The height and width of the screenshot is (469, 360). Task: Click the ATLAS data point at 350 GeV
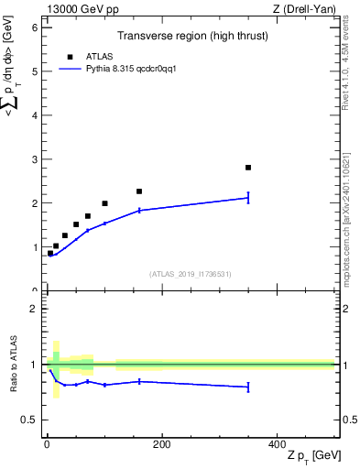(x=248, y=168)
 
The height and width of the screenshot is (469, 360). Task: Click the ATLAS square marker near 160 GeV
(x=139, y=191)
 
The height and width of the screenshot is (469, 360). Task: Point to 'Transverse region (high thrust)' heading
(x=189, y=37)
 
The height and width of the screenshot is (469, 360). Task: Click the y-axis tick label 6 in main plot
(x=34, y=27)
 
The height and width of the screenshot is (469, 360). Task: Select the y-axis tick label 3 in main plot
(x=34, y=159)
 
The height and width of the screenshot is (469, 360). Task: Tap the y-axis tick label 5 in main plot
(x=34, y=71)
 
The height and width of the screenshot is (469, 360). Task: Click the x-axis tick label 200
(x=161, y=444)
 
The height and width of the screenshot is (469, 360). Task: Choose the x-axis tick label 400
(x=277, y=444)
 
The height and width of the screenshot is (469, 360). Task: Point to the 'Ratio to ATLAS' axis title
(x=12, y=365)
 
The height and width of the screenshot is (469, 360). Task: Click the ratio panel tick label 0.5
(x=29, y=420)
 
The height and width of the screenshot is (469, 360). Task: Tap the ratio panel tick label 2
(x=34, y=309)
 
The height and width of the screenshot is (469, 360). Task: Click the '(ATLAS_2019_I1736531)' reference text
(x=190, y=274)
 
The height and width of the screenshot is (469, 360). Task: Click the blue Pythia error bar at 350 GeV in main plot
(x=248, y=197)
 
